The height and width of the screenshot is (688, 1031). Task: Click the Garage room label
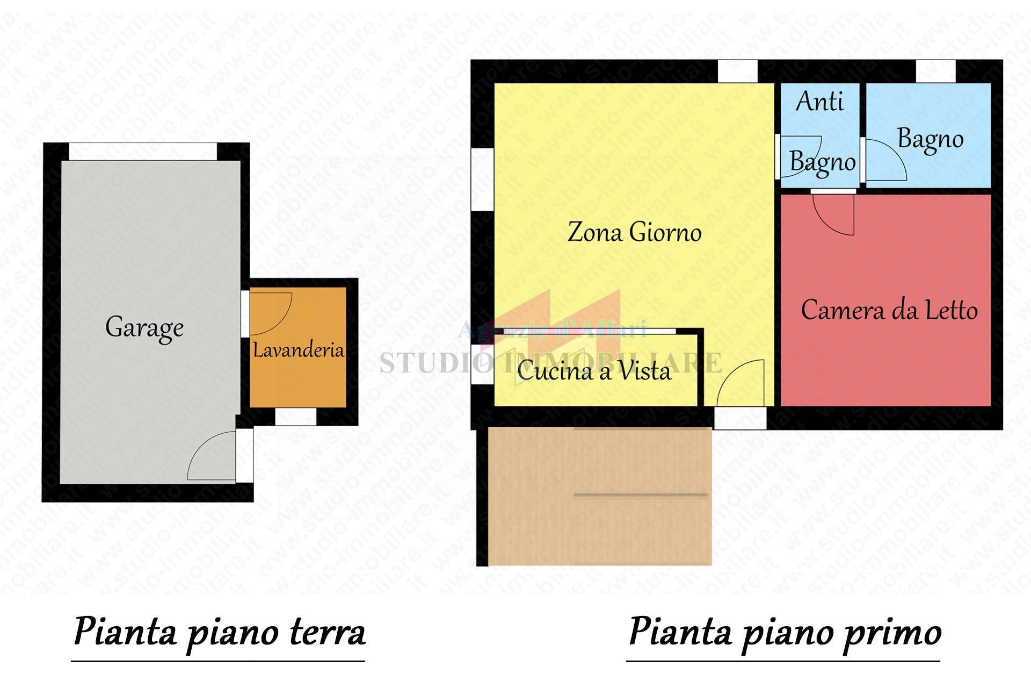tap(144, 327)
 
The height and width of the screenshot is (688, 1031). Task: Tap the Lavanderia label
tap(298, 350)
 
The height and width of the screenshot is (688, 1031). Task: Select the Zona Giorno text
tap(634, 232)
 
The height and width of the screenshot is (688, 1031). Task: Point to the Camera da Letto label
tap(889, 310)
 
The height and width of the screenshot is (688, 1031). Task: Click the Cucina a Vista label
tap(594, 371)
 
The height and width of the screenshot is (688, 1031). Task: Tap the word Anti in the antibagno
tap(819, 101)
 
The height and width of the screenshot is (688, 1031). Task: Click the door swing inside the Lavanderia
tap(271, 313)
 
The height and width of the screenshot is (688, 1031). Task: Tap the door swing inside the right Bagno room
tap(885, 160)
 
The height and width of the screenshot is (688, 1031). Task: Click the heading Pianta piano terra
tap(219, 632)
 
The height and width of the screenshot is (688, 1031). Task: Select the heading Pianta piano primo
tap(784, 632)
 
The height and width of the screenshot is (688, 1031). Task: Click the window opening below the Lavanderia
tap(295, 417)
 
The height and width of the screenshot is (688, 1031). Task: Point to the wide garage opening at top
tap(143, 151)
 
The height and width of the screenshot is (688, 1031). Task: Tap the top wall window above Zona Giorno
tap(737, 71)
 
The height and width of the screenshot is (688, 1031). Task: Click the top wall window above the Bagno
tap(935, 71)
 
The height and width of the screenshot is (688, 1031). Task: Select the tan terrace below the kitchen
tap(600, 496)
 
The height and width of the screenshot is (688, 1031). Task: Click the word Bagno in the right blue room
tap(930, 139)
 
